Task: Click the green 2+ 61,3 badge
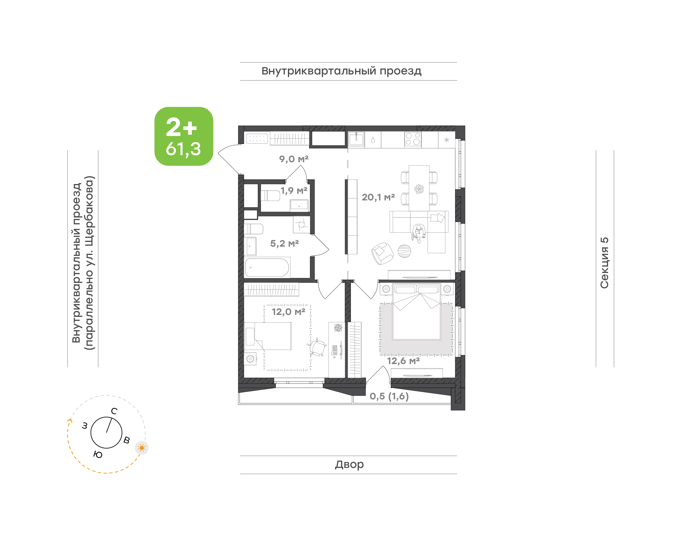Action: [184, 136]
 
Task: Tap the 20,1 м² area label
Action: [378, 197]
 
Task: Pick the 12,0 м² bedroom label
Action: [288, 312]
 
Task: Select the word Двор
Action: [349, 464]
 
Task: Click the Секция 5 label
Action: [604, 263]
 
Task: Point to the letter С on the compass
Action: [114, 411]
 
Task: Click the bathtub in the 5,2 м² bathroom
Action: [267, 267]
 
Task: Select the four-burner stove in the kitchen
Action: [413, 139]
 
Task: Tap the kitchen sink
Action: [356, 139]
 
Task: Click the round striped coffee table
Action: [404, 251]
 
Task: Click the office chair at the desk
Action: [317, 347]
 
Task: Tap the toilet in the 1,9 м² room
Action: [270, 195]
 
